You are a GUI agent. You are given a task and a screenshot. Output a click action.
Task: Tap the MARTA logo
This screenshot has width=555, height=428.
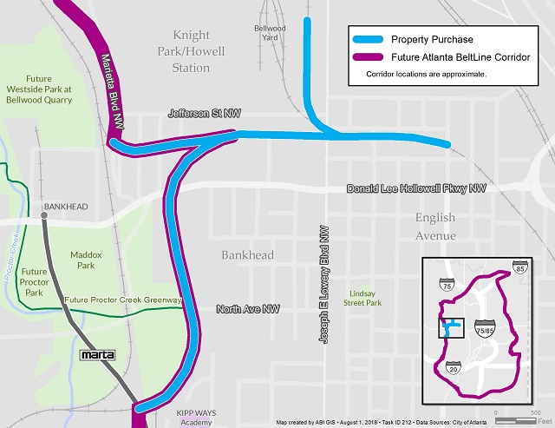[97, 355]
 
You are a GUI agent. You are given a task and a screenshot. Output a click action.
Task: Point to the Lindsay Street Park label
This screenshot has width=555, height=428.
[363, 298]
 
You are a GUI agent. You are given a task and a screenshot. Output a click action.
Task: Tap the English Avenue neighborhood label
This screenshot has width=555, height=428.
[434, 226]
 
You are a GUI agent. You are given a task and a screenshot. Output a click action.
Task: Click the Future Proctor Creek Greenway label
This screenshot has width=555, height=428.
[123, 300]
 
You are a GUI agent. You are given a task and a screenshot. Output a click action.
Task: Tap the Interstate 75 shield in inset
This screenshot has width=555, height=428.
[447, 284]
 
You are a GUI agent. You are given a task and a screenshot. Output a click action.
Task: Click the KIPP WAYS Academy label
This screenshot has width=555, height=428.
[197, 416]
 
